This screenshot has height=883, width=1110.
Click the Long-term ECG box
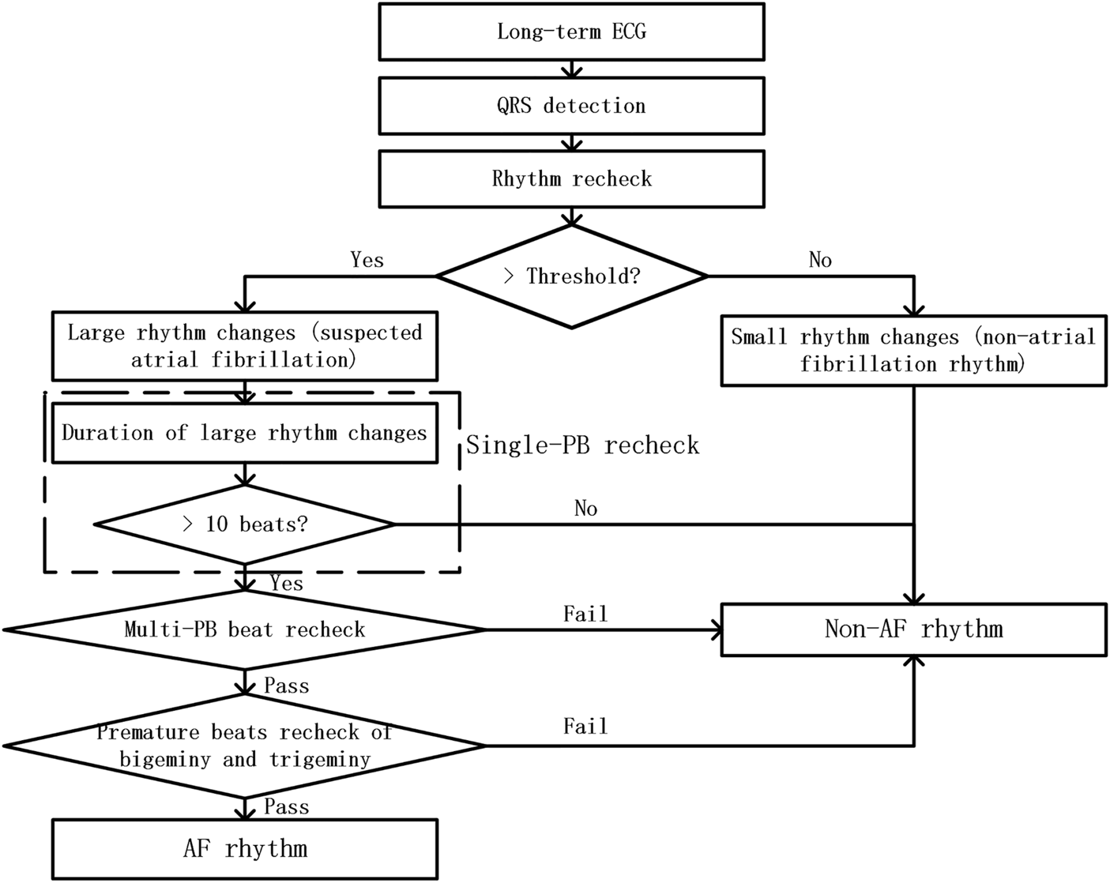[x=571, y=32]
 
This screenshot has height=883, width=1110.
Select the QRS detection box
[x=571, y=105]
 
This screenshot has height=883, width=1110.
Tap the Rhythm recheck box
[x=571, y=178]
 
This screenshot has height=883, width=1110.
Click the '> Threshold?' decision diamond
[x=571, y=276]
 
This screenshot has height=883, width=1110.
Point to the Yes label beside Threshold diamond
[x=367, y=260]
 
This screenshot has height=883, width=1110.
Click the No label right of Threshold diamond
[x=820, y=260]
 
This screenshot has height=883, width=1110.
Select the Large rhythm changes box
[x=244, y=346]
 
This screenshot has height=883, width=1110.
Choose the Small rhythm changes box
[x=913, y=351]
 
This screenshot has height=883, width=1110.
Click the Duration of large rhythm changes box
[x=244, y=433]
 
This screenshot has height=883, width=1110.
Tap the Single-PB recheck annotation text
[x=582, y=445]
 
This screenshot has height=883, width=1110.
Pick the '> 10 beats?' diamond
[x=244, y=524]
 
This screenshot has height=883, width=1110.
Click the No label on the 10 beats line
[x=585, y=509]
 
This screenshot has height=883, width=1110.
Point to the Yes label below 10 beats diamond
[x=286, y=584]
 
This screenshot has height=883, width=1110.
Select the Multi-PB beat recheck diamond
[x=244, y=629]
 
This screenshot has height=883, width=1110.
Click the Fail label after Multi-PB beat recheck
[x=585, y=614]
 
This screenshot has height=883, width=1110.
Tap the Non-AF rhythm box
[x=913, y=629]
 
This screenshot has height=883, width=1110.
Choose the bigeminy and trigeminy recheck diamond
[x=244, y=746]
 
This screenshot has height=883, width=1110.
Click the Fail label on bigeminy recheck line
[x=585, y=727]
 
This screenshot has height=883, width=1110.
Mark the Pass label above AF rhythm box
[x=286, y=807]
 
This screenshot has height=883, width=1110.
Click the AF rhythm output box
[x=244, y=849]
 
